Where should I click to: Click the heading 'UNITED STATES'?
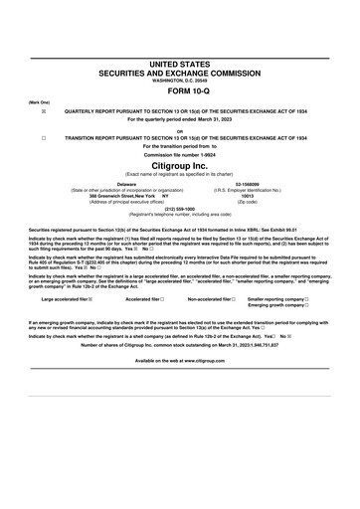point(180,62)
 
